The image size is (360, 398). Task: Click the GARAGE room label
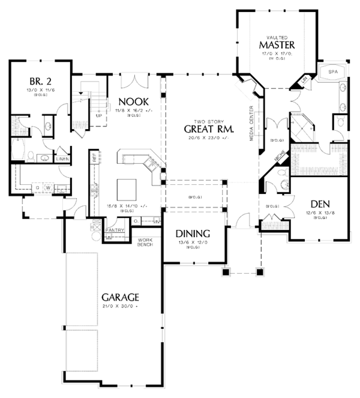[120, 297]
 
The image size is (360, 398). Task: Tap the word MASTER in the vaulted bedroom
[276, 45]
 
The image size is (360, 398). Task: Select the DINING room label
[192, 234]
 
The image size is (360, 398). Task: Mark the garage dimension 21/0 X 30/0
[120, 306]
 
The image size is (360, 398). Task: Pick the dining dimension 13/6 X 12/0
[192, 243]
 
